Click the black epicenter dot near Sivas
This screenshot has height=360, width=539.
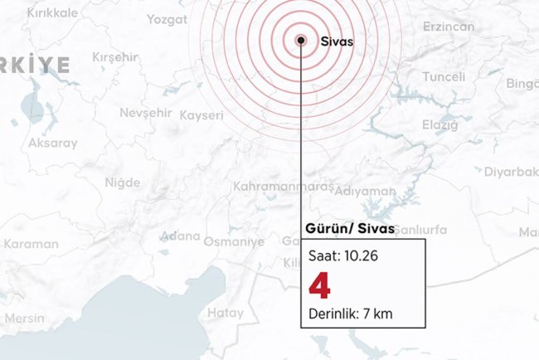301,39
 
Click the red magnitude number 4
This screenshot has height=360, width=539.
319,286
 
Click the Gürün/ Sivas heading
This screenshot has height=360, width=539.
341,229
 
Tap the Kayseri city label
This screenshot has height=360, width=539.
202,115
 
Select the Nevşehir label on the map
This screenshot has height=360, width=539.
144,112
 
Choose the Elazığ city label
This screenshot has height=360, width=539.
439,124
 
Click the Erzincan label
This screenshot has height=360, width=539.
449,27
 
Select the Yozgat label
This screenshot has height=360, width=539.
167,19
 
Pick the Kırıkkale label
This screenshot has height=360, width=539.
52,13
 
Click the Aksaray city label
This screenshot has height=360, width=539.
53,143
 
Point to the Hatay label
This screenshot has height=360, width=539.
225,313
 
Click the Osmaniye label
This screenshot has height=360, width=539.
234,241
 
